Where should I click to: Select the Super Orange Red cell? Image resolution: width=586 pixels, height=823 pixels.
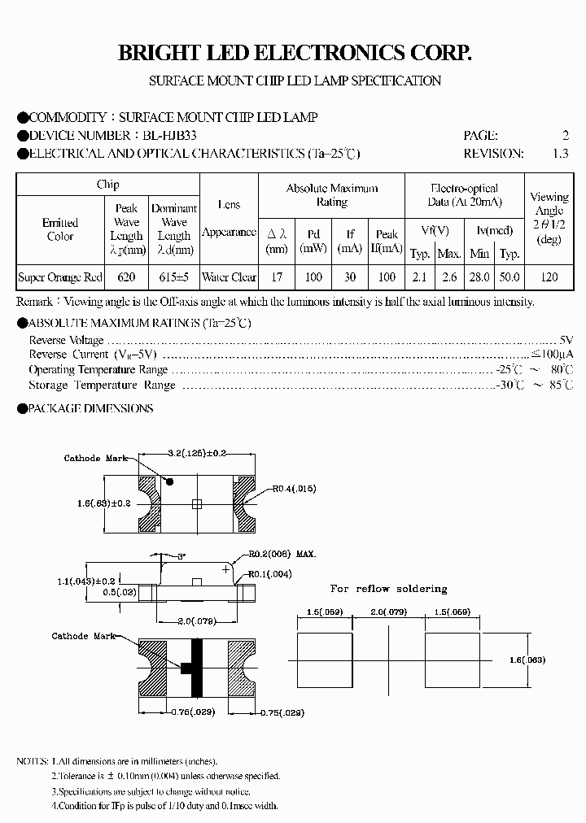60,277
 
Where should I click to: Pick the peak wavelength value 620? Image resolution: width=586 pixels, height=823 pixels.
126,277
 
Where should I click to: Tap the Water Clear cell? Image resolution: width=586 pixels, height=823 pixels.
229,277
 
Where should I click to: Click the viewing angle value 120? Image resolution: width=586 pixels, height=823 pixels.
549,277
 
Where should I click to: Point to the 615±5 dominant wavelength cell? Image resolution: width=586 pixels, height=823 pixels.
174,277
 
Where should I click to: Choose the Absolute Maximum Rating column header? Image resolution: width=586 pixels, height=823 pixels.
332,194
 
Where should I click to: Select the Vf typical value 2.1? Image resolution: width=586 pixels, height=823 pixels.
419,277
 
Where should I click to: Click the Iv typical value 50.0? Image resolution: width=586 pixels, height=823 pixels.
509,277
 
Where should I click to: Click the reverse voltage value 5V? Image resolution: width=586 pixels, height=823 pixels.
566,339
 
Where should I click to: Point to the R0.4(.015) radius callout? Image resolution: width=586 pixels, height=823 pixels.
294,489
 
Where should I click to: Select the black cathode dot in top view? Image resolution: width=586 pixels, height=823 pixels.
169,481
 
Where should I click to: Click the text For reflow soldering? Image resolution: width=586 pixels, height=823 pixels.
388,589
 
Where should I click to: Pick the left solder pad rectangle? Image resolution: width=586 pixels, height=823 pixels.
323,660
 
